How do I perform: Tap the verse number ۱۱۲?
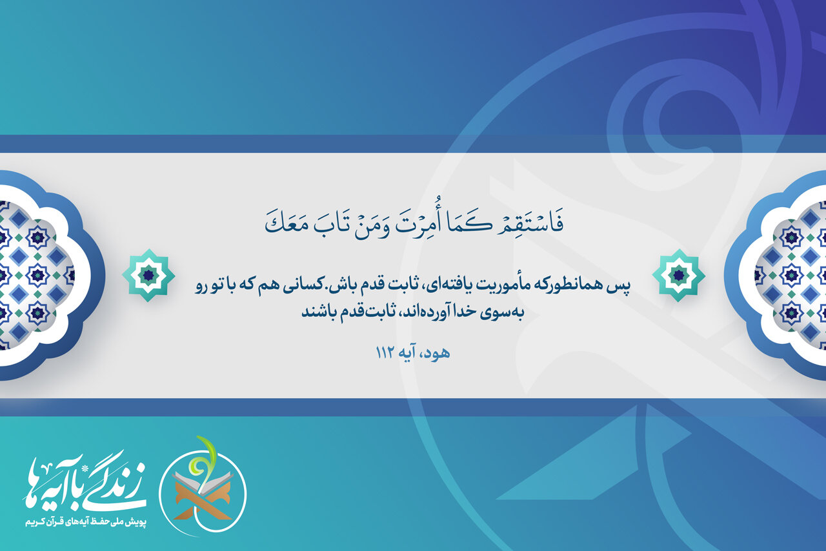(386, 353)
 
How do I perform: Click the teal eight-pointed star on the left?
(148, 275)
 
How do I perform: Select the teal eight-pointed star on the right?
(678, 275)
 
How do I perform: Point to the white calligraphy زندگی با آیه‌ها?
(84, 483)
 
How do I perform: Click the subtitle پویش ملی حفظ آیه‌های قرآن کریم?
(86, 523)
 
